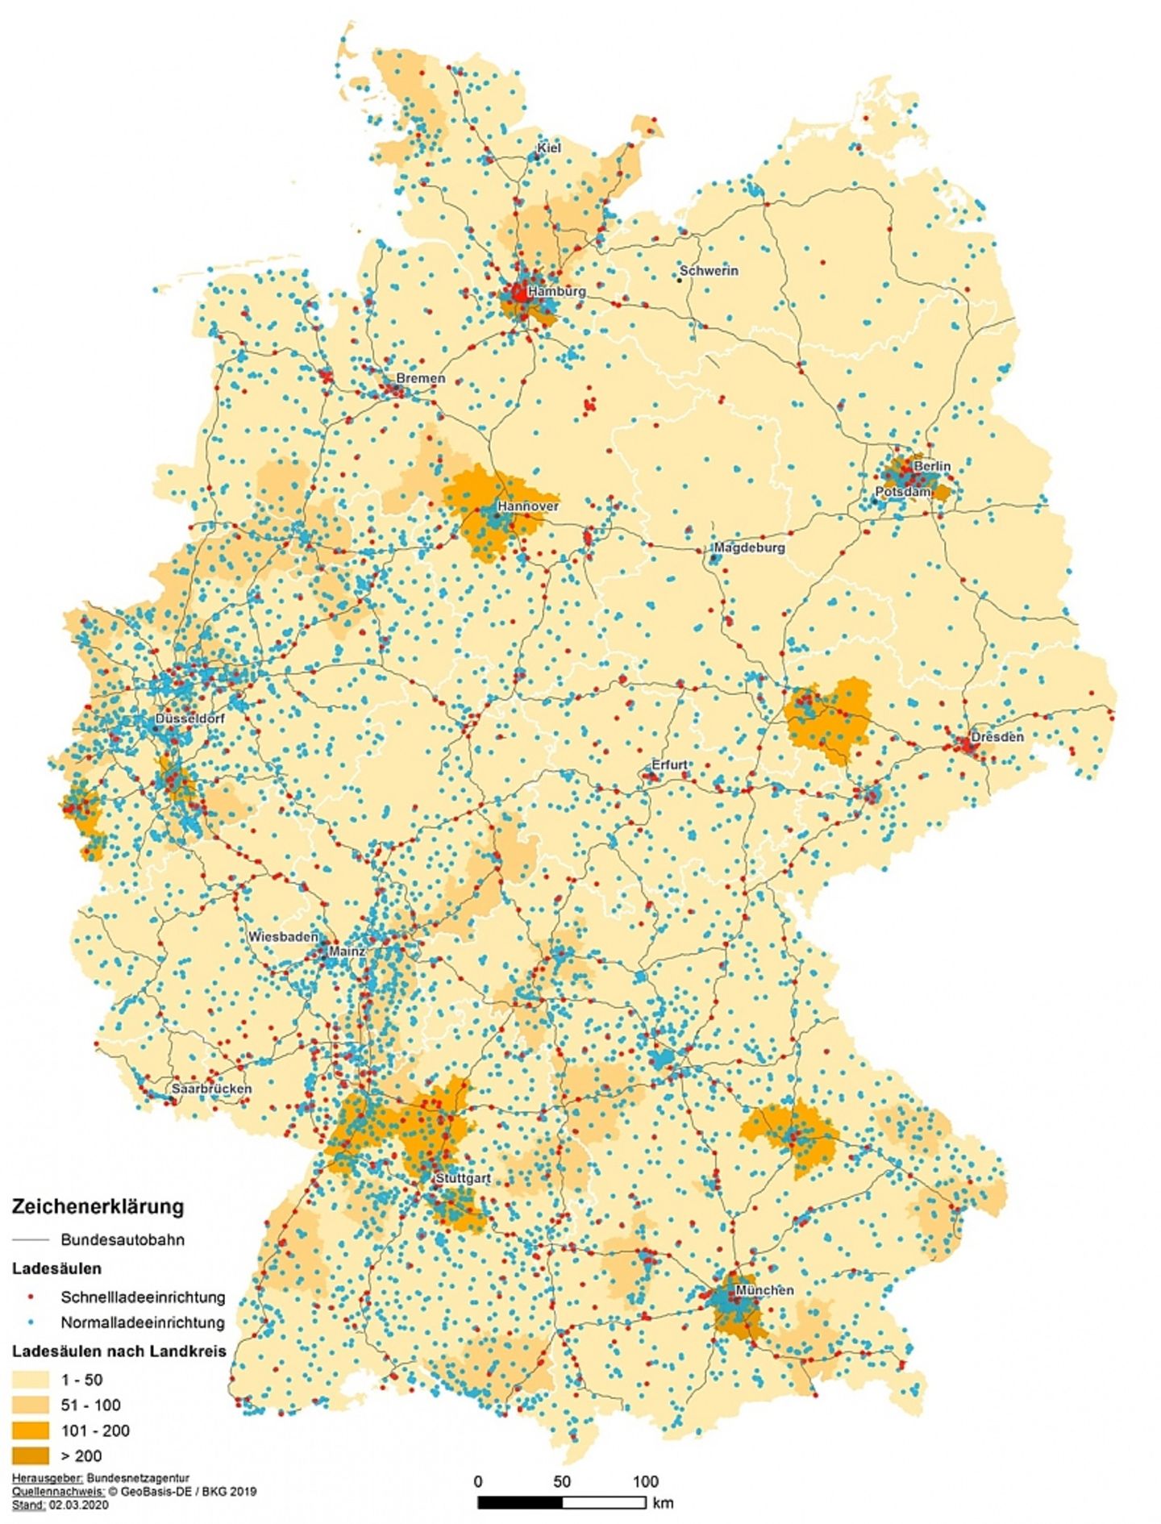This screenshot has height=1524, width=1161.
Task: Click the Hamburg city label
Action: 556,290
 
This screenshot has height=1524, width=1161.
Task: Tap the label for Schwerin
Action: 709,271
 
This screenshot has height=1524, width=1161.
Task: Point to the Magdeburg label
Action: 749,548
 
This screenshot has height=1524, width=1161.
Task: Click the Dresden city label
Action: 997,736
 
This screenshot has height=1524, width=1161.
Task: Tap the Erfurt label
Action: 669,764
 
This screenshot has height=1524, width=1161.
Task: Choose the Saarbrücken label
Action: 211,1089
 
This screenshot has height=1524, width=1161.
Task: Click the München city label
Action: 764,1290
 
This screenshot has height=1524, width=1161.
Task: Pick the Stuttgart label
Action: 463,1178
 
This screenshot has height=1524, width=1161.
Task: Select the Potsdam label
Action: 902,491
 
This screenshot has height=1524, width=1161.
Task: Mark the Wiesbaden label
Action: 282,937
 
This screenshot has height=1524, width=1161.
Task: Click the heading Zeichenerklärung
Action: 98,1206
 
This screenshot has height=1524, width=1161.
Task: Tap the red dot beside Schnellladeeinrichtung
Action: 31,1297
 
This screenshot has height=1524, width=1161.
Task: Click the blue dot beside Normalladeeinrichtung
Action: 31,1322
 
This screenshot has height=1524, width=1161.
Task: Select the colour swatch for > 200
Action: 31,1455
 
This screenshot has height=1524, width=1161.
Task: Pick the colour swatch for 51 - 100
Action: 31,1405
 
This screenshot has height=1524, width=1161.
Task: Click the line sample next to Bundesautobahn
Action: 31,1239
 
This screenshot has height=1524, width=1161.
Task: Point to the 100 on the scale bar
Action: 645,1481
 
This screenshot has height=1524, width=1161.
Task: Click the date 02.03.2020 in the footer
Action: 78,1505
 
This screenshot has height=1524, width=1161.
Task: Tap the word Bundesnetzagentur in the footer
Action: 138,1478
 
